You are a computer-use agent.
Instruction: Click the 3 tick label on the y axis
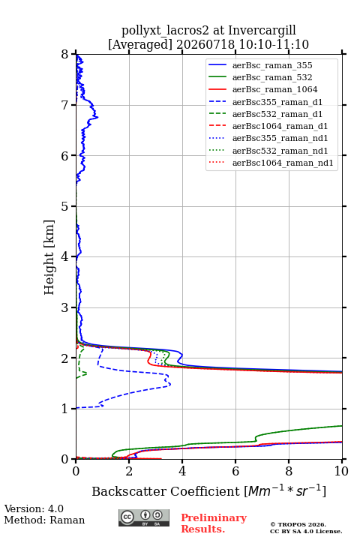pyautogui.click(x=64, y=307)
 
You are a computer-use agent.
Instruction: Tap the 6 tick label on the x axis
pyautogui.click(x=235, y=471)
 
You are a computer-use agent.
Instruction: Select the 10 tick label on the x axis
pyautogui.click(x=341, y=471)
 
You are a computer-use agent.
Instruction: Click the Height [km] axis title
pyautogui.click(x=49, y=257)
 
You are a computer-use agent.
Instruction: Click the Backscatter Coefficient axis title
pyautogui.click(x=208, y=490)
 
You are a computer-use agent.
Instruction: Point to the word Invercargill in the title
pyautogui.click(x=262, y=31)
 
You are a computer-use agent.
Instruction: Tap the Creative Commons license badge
pyautogui.click(x=144, y=517)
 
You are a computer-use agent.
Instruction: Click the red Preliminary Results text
pyautogui.click(x=214, y=523)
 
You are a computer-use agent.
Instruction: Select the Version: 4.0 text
pyautogui.click(x=34, y=508)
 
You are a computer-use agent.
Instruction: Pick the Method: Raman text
pyautogui.click(x=44, y=520)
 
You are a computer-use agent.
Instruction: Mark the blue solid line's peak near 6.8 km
pyautogui.click(x=97, y=117)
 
